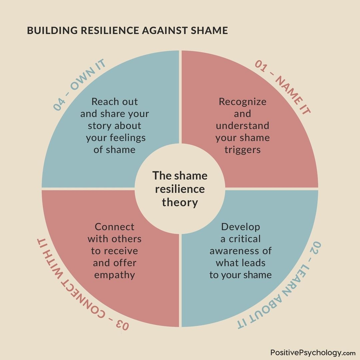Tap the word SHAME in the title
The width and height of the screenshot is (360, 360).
211,31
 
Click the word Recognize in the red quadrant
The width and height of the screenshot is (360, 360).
242,102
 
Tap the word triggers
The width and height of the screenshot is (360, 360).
242,150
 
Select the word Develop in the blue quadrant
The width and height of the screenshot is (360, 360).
240,227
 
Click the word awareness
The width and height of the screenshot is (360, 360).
240,251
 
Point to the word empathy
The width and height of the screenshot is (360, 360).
114,275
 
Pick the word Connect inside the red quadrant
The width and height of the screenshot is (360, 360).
114,227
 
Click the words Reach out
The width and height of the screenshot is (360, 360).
114,102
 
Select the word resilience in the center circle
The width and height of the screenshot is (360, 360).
180,189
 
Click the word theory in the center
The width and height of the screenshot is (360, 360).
180,202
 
